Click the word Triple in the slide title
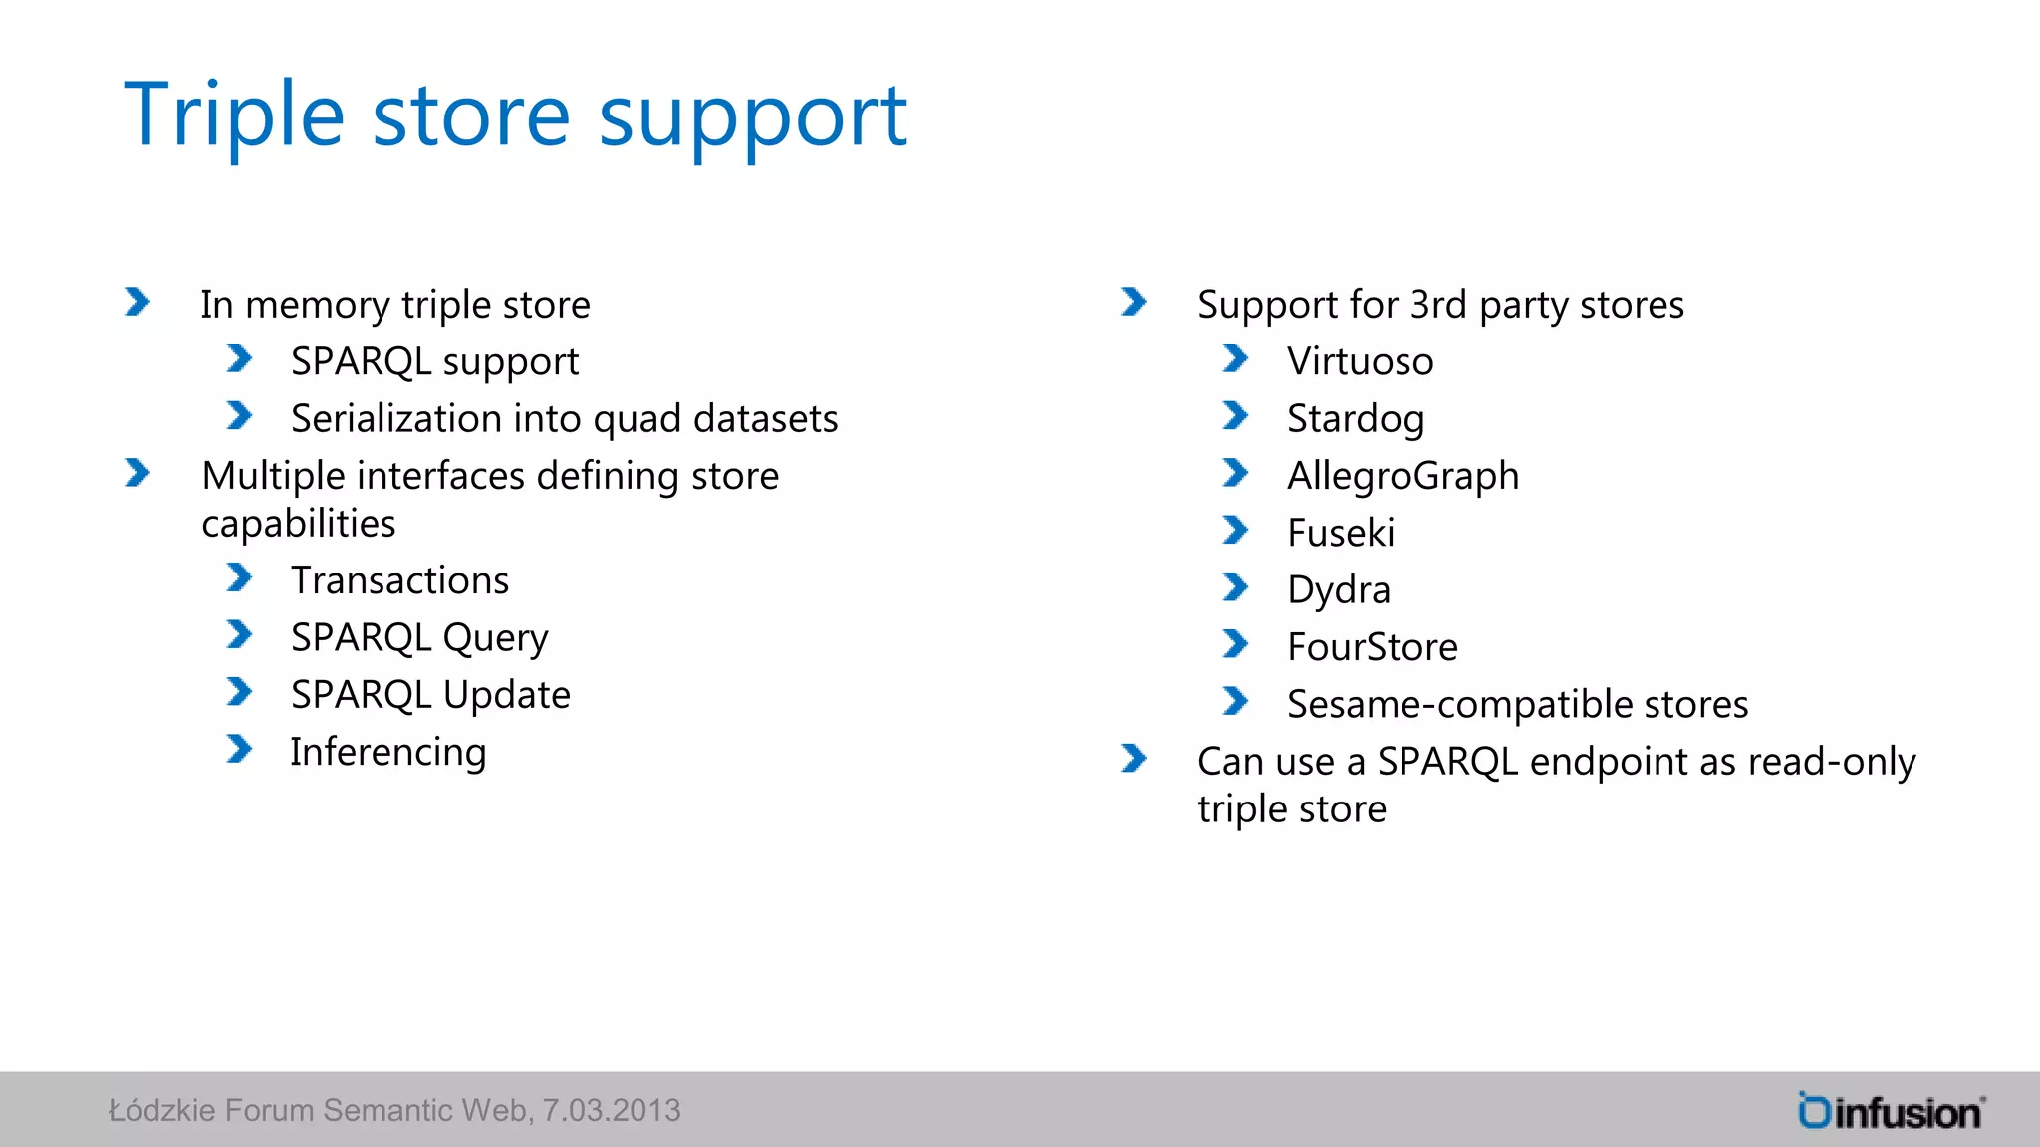[233, 115]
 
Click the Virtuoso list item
[1360, 361]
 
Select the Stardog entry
[1355, 419]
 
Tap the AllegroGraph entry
[1402, 476]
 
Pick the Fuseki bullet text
[1340, 533]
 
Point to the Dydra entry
[1338, 590]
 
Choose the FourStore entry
[1372, 647]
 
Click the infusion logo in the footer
[1891, 1111]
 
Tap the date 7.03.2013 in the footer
[611, 1110]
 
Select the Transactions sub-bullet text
[399, 580]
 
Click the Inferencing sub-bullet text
[387, 752]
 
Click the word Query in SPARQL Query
[495, 638]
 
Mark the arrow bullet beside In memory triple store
[137, 302]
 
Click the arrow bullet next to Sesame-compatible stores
[1235, 702]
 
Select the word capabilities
[298, 524]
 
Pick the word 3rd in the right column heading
[1438, 305]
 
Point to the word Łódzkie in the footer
[161, 1110]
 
